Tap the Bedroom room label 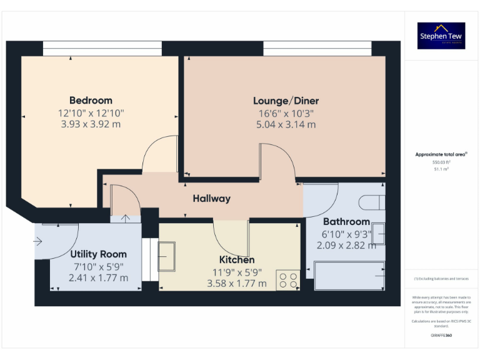[x=91, y=101]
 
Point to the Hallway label [x=211, y=199]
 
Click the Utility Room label [x=98, y=254]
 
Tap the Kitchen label [x=236, y=260]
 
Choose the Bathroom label [x=346, y=222]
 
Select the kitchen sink [x=166, y=256]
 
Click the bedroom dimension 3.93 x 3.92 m [x=91, y=124]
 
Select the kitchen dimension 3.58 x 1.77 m [x=236, y=283]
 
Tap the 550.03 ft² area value [x=441, y=161]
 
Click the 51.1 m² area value [x=441, y=168]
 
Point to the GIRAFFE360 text [x=441, y=336]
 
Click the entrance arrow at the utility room [x=39, y=240]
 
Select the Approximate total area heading [x=441, y=154]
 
